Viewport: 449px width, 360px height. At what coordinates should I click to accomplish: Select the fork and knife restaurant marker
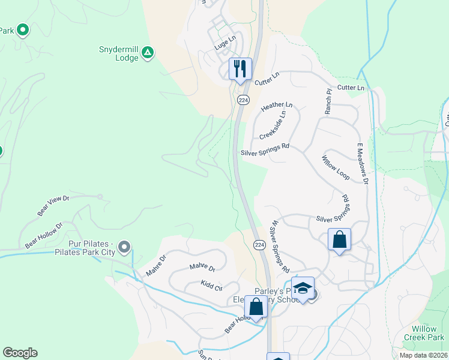240,67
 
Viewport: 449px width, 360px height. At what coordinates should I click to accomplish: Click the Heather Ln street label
277,106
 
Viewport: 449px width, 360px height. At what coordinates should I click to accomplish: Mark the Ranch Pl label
328,102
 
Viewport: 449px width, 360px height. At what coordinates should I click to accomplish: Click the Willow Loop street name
335,169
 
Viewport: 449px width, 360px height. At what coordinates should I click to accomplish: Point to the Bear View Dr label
53,205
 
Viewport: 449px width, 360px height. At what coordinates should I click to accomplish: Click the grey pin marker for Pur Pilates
124,247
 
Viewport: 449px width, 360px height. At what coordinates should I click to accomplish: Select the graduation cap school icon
303,288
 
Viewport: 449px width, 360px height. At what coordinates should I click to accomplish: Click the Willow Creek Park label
428,334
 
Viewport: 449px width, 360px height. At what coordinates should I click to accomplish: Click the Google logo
20,353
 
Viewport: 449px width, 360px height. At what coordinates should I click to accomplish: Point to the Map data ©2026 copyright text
423,355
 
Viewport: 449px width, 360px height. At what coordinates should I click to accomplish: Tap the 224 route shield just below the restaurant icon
243,100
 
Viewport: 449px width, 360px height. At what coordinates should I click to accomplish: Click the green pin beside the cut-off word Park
22,29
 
